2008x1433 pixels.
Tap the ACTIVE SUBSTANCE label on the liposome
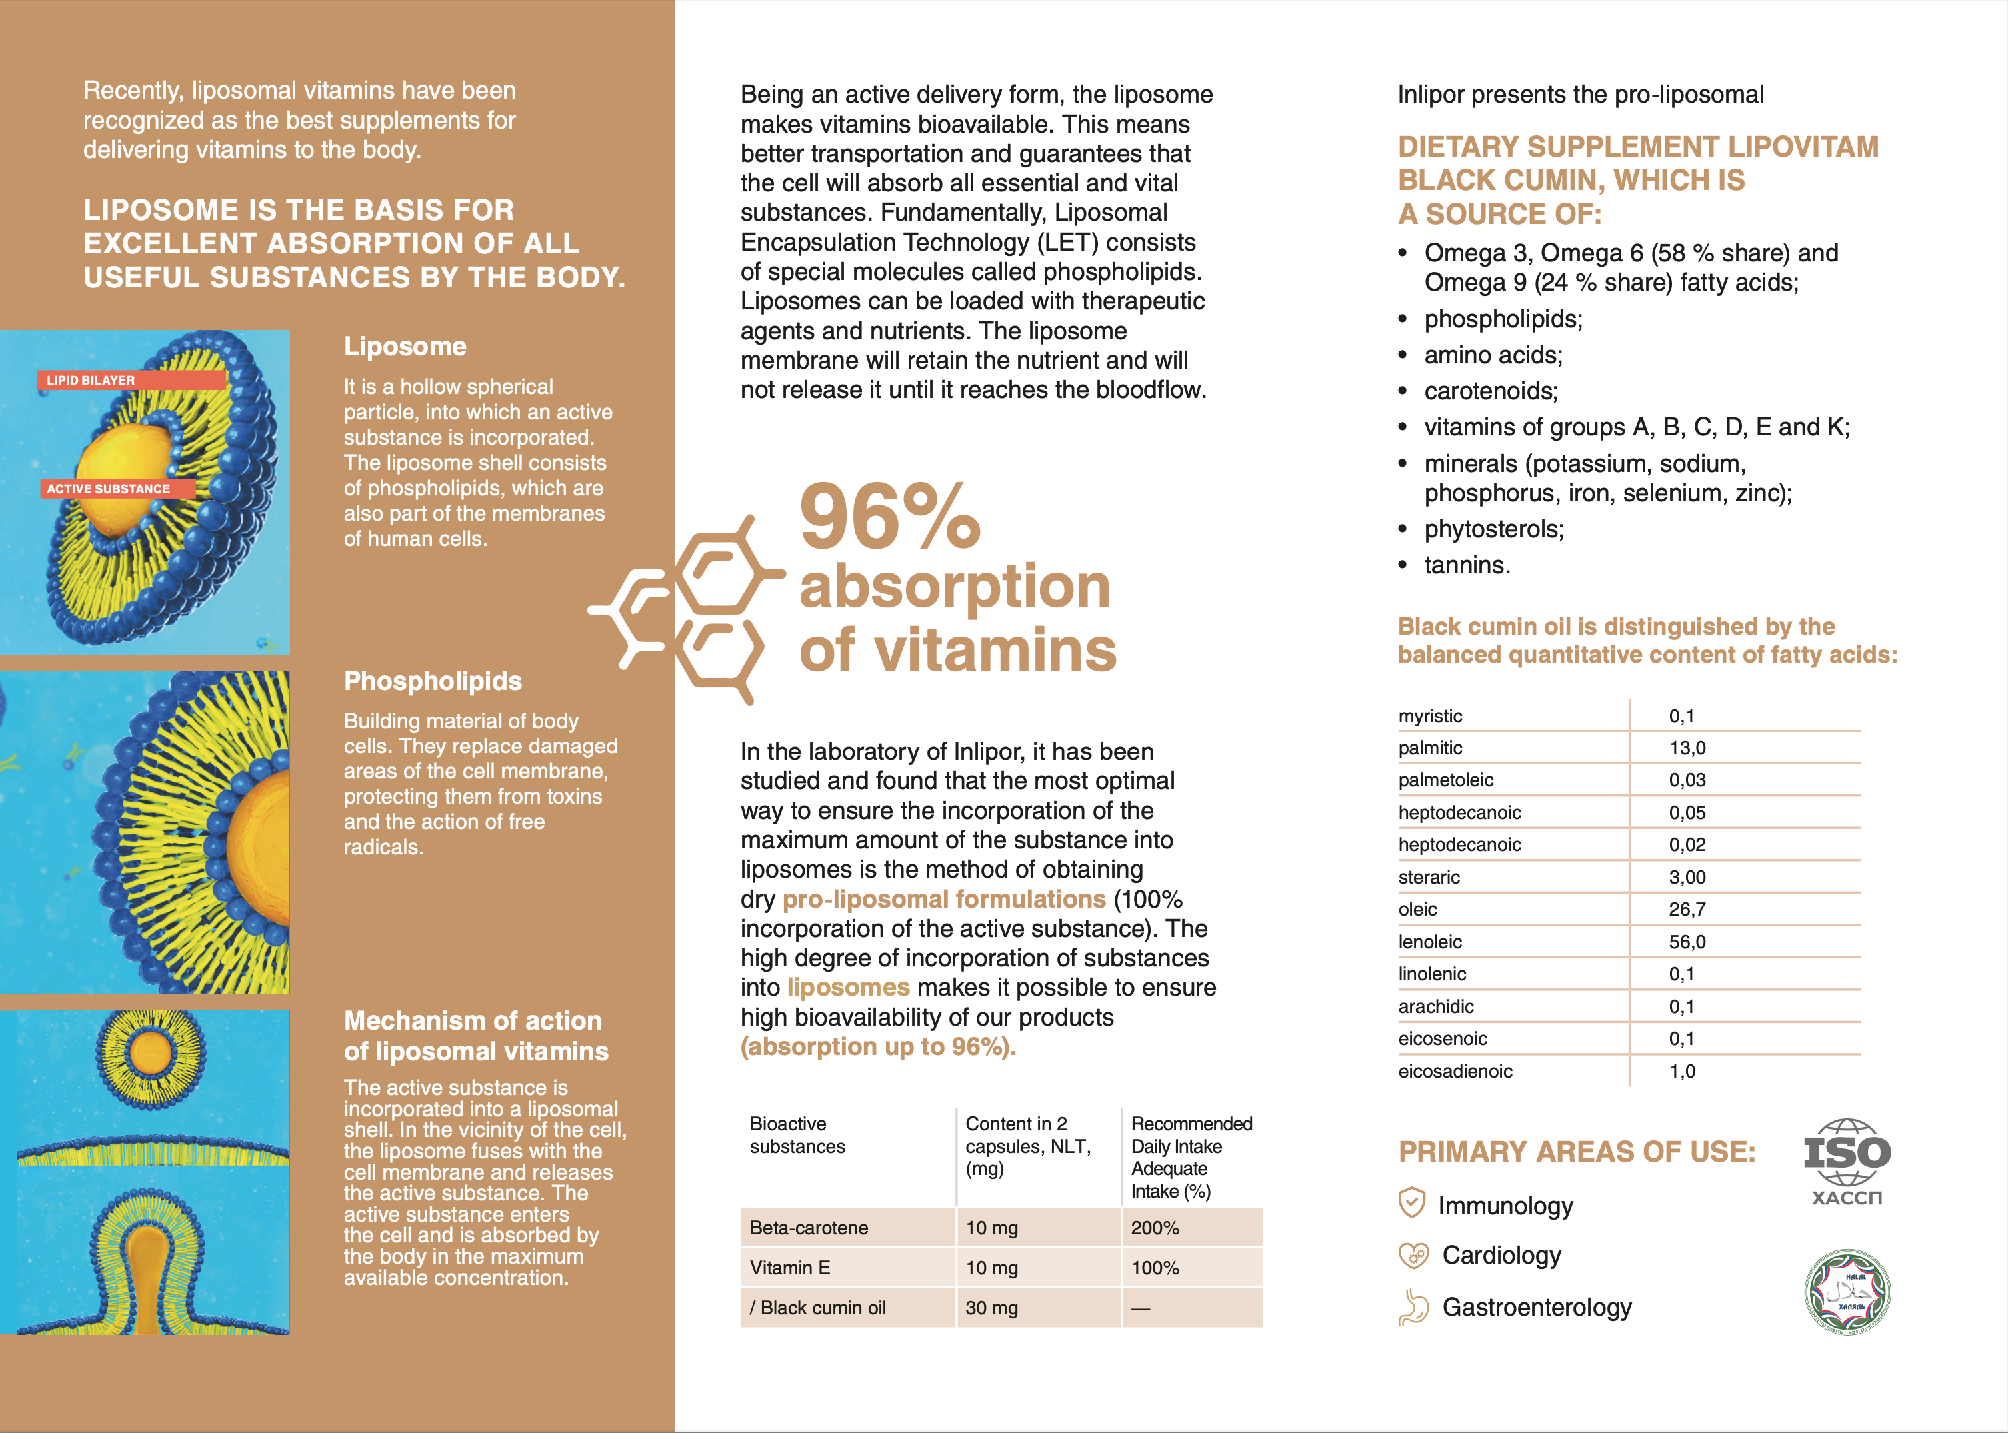click(117, 489)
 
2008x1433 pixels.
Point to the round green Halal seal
click(1847, 1291)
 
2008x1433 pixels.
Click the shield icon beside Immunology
click(1412, 1202)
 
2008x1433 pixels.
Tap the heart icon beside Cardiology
click(1413, 1255)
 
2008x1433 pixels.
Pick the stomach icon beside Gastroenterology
click(1413, 1307)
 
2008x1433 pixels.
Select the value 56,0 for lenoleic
click(1687, 942)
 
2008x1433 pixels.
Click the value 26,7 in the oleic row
click(1687, 909)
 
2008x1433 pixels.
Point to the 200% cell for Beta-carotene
click(1155, 1228)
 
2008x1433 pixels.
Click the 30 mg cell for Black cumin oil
click(991, 1308)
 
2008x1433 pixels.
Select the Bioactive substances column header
click(797, 1135)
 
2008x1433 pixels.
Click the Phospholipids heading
click(433, 681)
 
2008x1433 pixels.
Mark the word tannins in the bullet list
click(1467, 565)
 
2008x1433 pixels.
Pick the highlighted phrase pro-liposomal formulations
click(943, 899)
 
